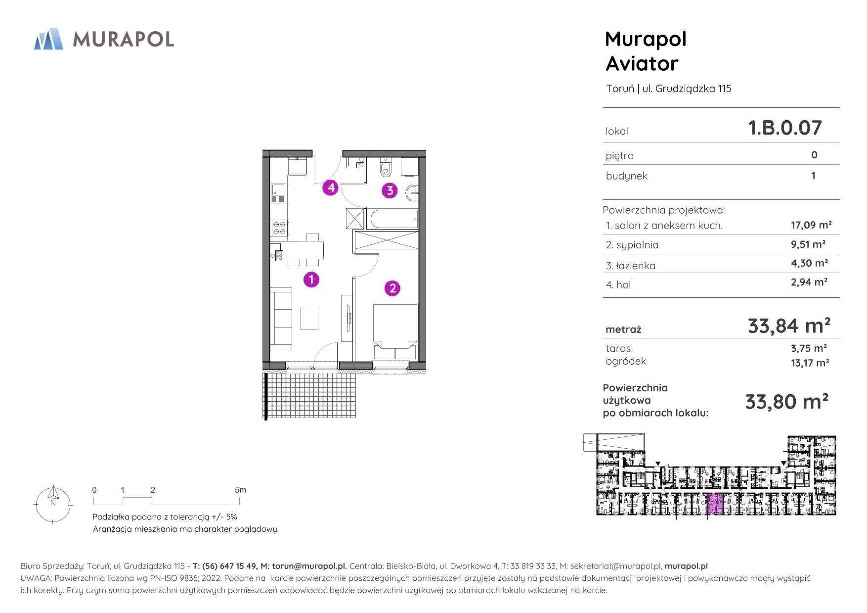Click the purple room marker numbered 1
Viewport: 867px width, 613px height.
coord(311,280)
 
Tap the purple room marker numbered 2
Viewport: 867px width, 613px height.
coord(392,288)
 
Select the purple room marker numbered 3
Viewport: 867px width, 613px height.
coord(390,190)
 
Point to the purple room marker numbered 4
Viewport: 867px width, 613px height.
coord(331,188)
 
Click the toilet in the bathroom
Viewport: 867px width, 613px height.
coord(386,168)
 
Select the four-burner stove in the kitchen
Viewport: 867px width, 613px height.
coord(279,227)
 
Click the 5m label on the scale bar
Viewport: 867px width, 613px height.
coord(240,490)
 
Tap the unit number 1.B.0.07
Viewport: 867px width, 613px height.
coord(785,128)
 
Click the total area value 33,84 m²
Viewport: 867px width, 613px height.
coord(789,326)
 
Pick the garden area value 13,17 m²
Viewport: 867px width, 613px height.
coord(810,363)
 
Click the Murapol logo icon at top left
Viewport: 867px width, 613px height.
coord(48,40)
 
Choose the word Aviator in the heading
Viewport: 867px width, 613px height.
coord(642,64)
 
